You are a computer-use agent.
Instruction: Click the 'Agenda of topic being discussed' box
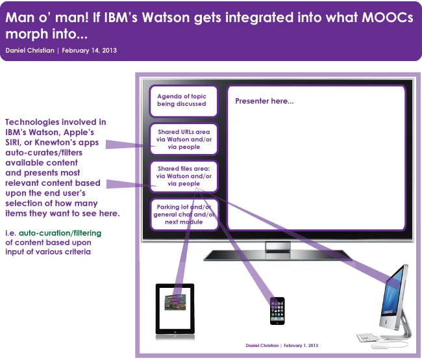pyautogui.click(x=184, y=101)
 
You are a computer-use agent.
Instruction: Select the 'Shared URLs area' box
pyautogui.click(x=184, y=139)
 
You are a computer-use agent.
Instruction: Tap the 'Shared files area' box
pyautogui.click(x=184, y=176)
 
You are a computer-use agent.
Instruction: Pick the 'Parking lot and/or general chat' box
pyautogui.click(x=184, y=214)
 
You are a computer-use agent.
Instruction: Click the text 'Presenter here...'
pyautogui.click(x=264, y=101)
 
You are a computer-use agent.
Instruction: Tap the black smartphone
pyautogui.click(x=277, y=311)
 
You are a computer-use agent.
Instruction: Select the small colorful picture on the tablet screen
pyautogui.click(x=175, y=302)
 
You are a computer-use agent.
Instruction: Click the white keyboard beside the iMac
pyautogui.click(x=368, y=338)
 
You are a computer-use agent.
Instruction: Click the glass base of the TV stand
pyautogui.click(x=278, y=255)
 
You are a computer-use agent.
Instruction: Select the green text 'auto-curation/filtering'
pyautogui.click(x=60, y=233)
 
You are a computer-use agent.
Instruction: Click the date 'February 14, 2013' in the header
pyautogui.click(x=90, y=51)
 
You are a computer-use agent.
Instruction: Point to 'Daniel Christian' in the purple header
pyautogui.click(x=30, y=51)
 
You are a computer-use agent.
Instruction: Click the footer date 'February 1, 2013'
pyautogui.click(x=301, y=346)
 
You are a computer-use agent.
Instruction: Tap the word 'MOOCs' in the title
pyautogui.click(x=388, y=18)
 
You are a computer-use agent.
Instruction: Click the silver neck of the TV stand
pyautogui.click(x=278, y=246)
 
